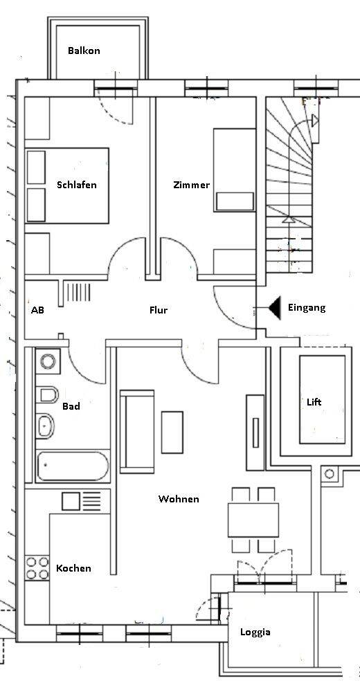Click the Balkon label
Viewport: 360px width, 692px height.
pos(84,51)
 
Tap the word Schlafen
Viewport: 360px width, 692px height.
pos(77,185)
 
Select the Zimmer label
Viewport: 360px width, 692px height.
pos(191,185)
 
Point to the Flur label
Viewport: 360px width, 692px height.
pos(159,311)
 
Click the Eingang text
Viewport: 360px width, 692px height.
pos(306,308)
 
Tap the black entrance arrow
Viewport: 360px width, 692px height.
pos(274,308)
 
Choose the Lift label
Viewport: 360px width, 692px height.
pos(314,402)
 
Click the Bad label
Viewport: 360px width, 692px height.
pos(71,406)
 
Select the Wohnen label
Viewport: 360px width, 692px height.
pos(179,499)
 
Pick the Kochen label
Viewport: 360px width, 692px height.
pos(73,569)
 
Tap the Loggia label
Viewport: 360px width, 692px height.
pos(255,632)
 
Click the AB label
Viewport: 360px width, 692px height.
pos(37,311)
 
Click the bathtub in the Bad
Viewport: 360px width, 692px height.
pos(72,467)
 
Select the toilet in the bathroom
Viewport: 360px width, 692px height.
pos(47,395)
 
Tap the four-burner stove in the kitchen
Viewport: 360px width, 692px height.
pos(37,569)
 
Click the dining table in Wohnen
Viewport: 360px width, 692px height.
pos(253,520)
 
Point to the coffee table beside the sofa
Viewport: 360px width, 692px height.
pos(172,432)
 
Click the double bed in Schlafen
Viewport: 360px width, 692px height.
pos(67,185)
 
